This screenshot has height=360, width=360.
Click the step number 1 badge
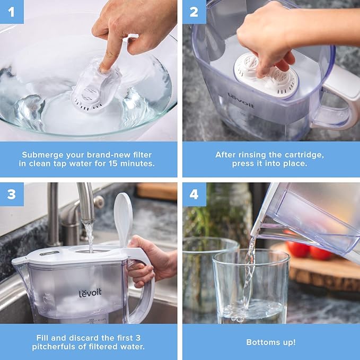click(x=12, y=12)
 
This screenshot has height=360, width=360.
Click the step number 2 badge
click(x=194, y=12)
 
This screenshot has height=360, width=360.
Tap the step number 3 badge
click(x=12, y=195)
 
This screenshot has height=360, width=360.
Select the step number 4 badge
click(x=194, y=195)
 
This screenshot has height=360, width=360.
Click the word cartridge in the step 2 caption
click(x=304, y=155)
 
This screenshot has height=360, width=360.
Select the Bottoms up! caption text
click(x=271, y=342)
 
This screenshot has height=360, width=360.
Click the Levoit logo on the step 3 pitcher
click(x=90, y=294)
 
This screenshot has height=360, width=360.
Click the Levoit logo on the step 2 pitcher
click(x=241, y=100)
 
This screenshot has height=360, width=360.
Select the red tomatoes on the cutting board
click(x=309, y=250)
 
